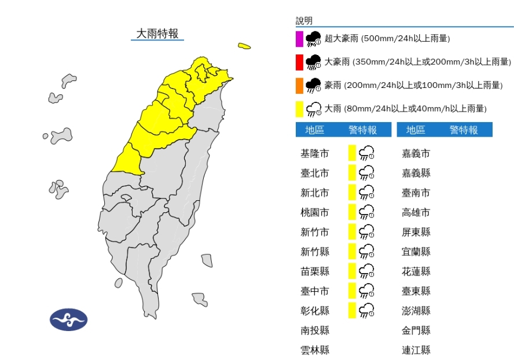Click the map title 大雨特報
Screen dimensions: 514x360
click(x=157, y=34)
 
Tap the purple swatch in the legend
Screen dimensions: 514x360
click(x=299, y=39)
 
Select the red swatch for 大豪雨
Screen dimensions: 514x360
click(x=299, y=62)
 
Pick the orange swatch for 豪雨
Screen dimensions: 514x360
click(x=299, y=86)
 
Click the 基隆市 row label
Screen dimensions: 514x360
click(x=315, y=153)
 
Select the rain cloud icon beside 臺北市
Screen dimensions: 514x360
click(x=366, y=173)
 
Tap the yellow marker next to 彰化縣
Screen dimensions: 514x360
click(x=351, y=310)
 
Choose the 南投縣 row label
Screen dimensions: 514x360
click(x=315, y=330)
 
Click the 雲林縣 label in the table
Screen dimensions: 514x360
click(x=315, y=350)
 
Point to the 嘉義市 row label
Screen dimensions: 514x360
click(x=416, y=153)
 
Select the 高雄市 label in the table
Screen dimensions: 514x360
click(x=416, y=212)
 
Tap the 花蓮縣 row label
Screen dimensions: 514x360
click(x=416, y=271)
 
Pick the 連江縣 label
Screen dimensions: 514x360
click(x=416, y=350)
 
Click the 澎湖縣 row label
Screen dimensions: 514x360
click(x=416, y=311)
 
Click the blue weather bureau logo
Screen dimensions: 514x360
click(x=68, y=319)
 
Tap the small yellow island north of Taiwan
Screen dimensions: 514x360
click(x=244, y=46)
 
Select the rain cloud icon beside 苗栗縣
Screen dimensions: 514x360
click(x=366, y=271)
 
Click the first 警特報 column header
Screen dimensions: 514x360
click(x=362, y=130)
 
